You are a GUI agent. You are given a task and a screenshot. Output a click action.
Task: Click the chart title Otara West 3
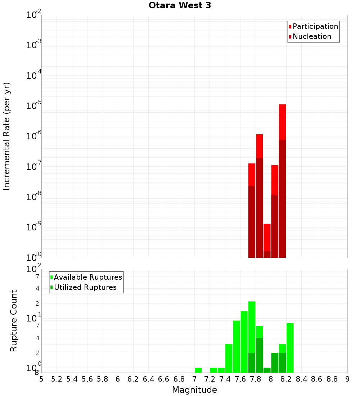click(x=180, y=5)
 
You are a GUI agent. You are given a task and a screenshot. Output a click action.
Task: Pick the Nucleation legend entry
click(x=311, y=36)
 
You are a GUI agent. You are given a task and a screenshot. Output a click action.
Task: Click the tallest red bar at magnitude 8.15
click(x=282, y=122)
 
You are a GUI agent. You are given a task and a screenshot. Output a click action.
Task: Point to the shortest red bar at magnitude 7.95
click(x=267, y=238)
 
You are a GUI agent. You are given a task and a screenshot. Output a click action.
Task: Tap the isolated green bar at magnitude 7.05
click(x=198, y=370)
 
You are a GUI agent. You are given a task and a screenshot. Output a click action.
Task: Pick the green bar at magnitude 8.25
click(x=290, y=348)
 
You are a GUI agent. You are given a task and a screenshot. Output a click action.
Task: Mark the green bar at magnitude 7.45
click(x=229, y=358)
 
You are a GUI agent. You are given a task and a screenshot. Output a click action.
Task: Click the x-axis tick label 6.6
click(x=164, y=379)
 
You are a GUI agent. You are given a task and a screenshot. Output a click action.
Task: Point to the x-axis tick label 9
click(x=347, y=379)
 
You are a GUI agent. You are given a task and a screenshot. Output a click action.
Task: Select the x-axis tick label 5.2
click(x=57, y=379)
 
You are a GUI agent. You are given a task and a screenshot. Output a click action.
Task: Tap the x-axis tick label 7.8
click(x=256, y=379)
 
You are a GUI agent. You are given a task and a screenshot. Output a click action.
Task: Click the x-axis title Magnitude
click(x=194, y=390)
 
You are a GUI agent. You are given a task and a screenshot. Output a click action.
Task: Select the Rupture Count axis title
click(x=14, y=321)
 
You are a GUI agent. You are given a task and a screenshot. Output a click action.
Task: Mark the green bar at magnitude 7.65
click(x=244, y=342)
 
